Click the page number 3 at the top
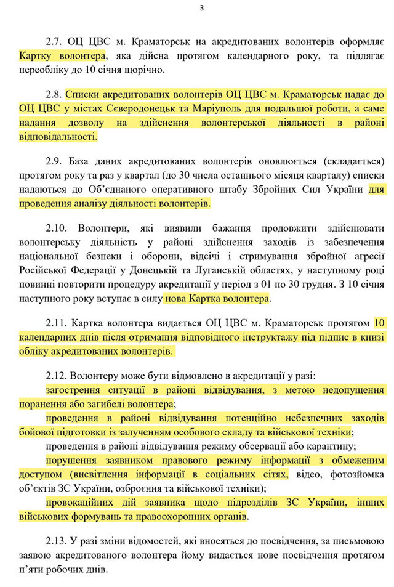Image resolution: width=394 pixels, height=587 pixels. (201, 8)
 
